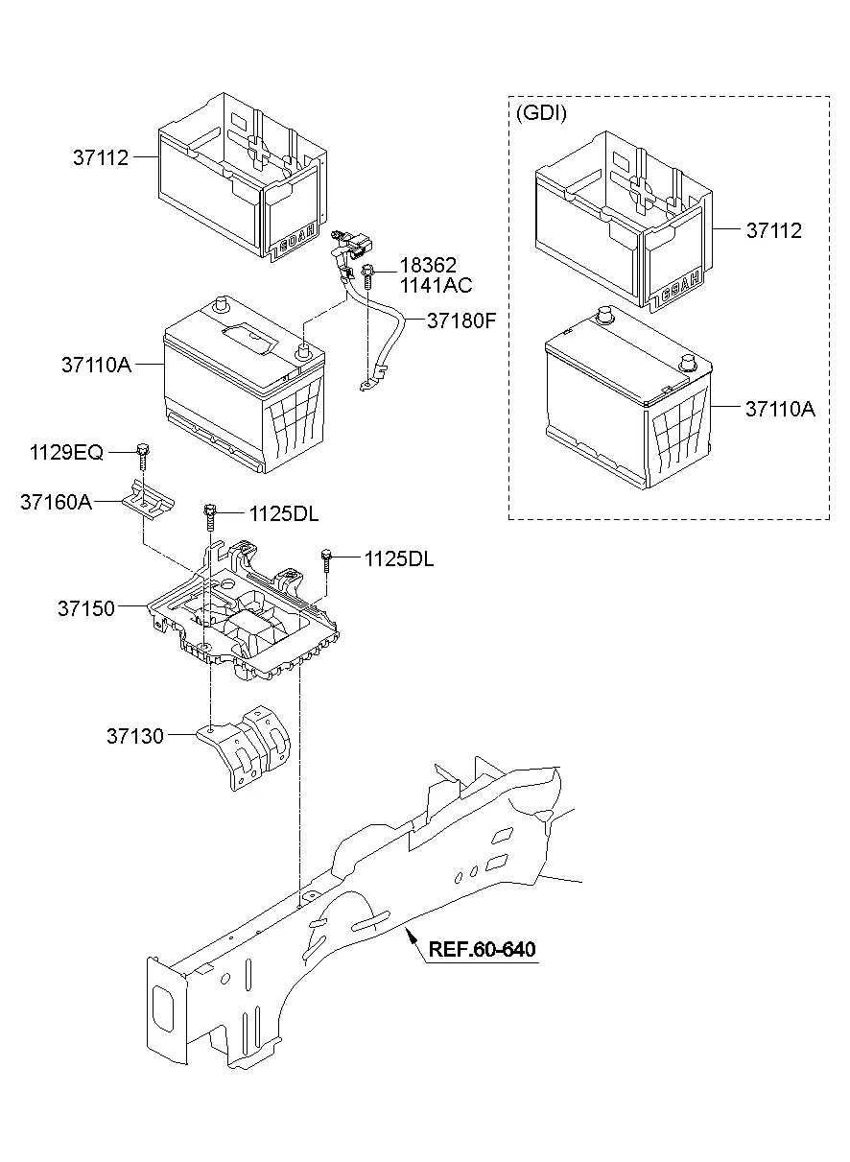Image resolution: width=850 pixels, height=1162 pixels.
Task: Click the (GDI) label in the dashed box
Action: click(542, 113)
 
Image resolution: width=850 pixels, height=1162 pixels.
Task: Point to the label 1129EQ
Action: click(65, 451)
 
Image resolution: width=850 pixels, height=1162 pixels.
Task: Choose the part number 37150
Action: click(85, 608)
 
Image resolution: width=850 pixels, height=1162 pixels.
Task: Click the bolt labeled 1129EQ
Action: click(143, 455)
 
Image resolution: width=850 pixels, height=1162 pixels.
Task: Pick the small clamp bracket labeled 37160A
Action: click(148, 499)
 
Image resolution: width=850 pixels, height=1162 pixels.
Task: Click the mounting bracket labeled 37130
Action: click(246, 749)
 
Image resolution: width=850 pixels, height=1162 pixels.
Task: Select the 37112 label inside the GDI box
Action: click(773, 230)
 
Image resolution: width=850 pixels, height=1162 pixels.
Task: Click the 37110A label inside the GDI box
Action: click(779, 409)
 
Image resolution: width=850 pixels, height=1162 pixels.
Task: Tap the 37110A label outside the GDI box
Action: click(96, 365)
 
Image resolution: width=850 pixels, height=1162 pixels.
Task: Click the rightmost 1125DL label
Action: click(398, 558)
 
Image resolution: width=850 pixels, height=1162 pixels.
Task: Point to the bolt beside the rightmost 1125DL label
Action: click(327, 559)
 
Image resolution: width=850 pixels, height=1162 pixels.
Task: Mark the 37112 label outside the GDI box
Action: click(101, 157)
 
